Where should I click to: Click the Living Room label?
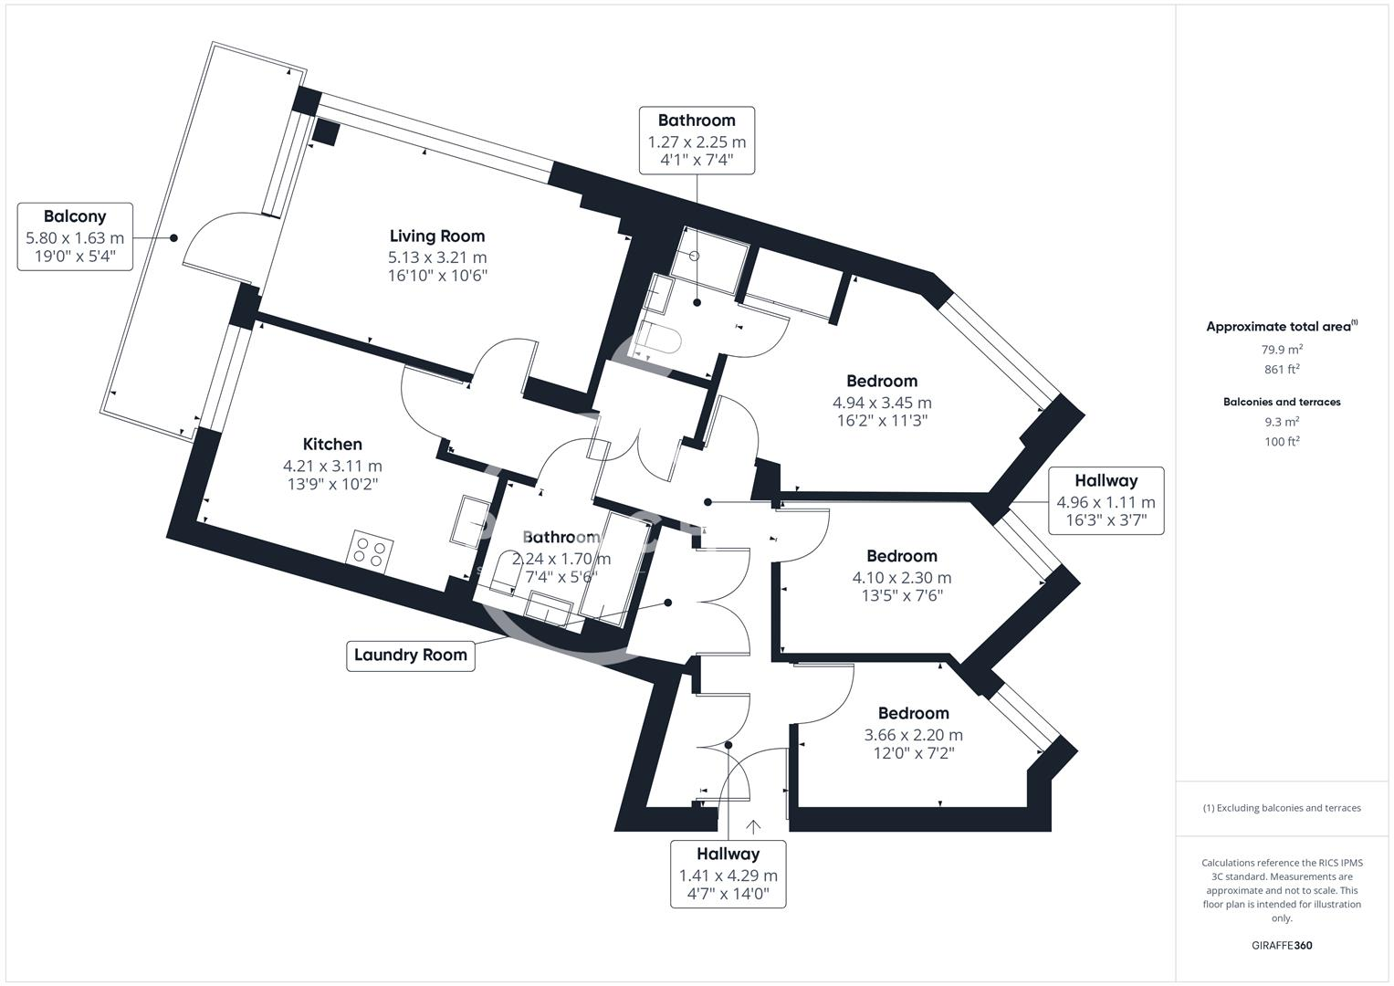coord(437,236)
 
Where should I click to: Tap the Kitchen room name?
coord(332,445)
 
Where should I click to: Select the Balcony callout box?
coord(75,236)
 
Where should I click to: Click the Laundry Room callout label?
coord(411,655)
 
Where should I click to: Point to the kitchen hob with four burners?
coord(371,551)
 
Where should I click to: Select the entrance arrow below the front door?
coord(753,826)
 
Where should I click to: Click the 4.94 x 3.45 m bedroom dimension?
coord(882,403)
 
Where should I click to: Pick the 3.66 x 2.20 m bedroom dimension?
coord(913,735)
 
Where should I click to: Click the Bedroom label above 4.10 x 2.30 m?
coord(902,556)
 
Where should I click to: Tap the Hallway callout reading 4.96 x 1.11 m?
coord(1106,500)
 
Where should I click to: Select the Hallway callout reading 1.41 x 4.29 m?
coord(728,874)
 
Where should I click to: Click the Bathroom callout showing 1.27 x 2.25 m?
coord(697,141)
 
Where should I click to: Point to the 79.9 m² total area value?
coord(1282,349)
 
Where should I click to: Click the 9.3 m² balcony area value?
coord(1282,422)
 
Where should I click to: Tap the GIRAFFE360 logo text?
coord(1282,945)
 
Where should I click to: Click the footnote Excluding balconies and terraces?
coord(1282,808)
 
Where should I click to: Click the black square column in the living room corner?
coord(325,132)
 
